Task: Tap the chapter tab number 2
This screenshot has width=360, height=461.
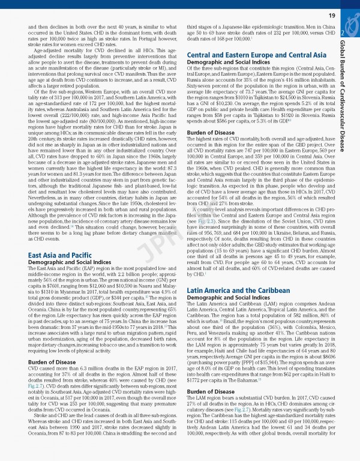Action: [342, 32]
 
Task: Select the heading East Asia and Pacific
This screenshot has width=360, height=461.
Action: [59, 256]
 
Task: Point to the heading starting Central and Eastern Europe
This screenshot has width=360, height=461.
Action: [248, 54]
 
